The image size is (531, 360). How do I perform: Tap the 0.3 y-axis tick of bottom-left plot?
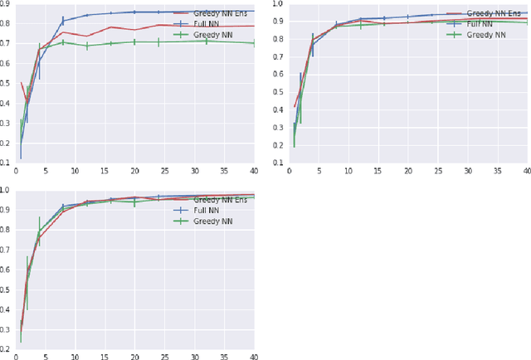tap(7, 323)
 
